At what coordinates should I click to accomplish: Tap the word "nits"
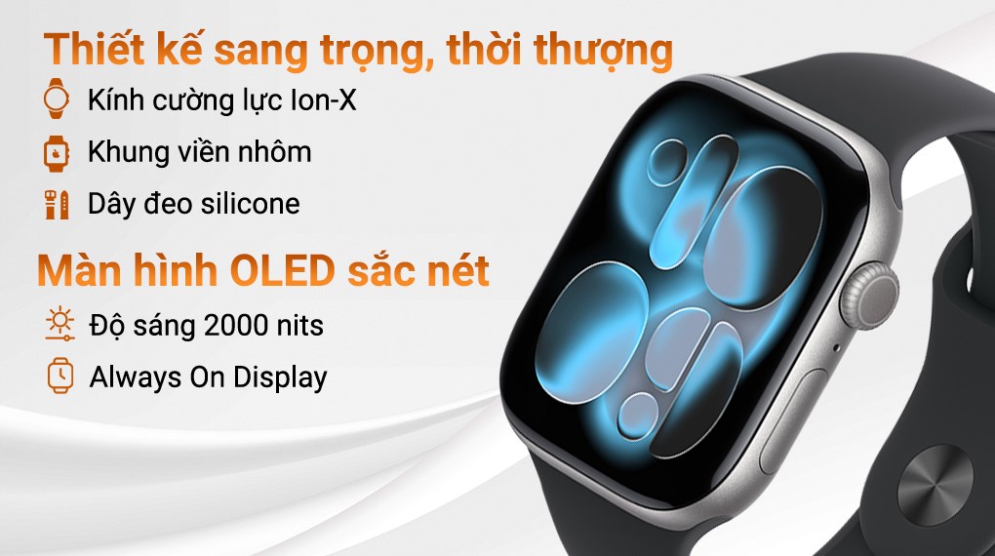(x=299, y=324)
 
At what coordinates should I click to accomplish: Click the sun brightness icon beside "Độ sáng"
(x=59, y=324)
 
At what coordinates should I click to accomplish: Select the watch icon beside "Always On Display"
(x=59, y=376)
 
